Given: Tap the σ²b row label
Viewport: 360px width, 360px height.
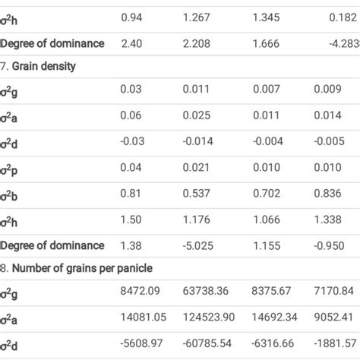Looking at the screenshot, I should (x=9, y=194).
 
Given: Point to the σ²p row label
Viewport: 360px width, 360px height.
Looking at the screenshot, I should (x=9, y=168).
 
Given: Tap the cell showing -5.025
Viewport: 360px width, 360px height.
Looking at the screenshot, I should (x=196, y=245).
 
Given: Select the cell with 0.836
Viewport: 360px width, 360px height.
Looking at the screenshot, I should (x=327, y=194).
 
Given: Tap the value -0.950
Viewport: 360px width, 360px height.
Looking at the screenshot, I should (x=328, y=245).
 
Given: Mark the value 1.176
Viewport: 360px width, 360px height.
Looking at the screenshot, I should (x=196, y=220).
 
